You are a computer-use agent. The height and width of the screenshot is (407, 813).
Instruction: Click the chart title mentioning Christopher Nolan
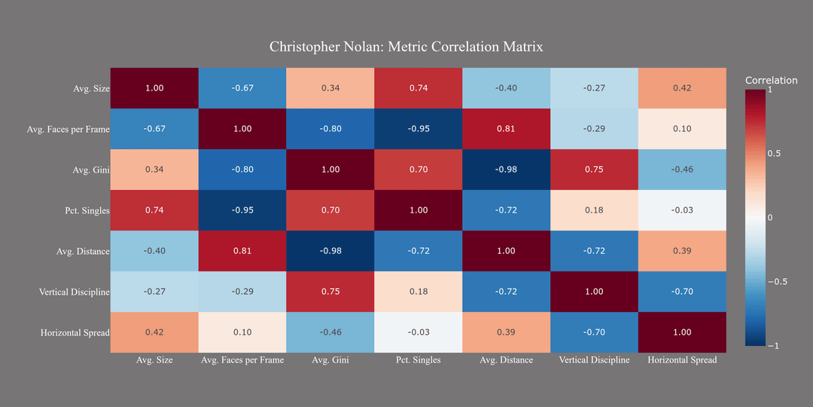(406, 47)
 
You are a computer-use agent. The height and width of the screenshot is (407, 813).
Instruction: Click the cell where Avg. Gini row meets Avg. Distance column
(506, 170)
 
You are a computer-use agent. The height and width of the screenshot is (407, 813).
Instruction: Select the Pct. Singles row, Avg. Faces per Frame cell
(242, 210)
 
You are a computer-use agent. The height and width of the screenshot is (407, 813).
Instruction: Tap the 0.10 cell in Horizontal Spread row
(242, 332)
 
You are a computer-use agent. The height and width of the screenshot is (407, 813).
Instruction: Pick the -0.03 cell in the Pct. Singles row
(682, 210)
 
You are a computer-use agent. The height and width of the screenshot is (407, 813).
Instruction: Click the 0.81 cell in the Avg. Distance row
(242, 251)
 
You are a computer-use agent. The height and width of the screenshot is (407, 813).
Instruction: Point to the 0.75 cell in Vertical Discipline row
(330, 292)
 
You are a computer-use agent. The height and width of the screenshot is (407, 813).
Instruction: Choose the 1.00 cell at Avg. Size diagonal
(154, 88)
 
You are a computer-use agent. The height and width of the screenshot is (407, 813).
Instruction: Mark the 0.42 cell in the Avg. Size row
(682, 88)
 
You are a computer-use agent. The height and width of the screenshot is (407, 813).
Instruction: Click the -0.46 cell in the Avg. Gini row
(682, 170)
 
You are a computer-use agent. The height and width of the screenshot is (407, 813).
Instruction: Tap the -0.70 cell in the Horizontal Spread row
(594, 332)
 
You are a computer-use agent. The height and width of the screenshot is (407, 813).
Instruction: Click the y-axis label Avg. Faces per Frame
(68, 130)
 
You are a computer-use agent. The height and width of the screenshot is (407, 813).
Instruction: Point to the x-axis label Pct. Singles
(418, 360)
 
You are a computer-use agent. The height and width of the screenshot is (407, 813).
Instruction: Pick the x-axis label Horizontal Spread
(682, 360)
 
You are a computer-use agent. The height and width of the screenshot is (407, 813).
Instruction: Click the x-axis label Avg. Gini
(330, 360)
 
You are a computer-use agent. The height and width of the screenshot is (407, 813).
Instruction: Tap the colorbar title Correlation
(771, 81)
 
